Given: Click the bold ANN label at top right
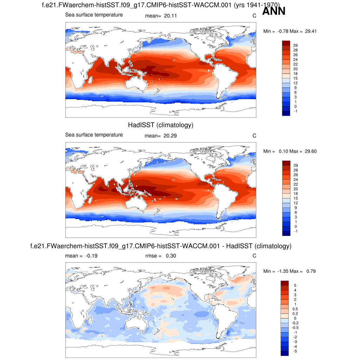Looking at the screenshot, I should tap(274, 11).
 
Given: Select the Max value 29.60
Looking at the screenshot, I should tap(311, 151).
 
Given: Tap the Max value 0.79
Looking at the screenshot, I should tap(311, 271).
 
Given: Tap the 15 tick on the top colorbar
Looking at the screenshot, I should tap(296, 78).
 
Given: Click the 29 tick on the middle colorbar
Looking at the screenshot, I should tap(296, 165).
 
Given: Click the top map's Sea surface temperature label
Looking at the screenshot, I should tap(94, 15).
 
